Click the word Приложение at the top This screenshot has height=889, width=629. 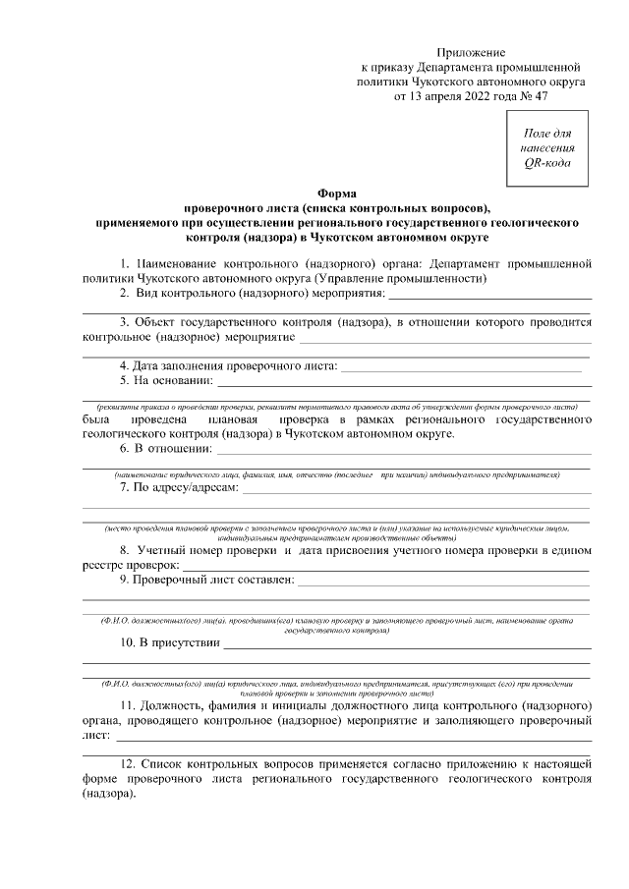point(472,50)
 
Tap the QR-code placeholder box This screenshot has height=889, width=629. point(546,147)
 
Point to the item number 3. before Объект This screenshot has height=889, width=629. point(125,322)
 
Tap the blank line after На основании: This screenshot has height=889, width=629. point(403,383)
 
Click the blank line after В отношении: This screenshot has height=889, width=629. point(403,451)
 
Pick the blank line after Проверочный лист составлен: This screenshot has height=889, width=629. point(442,582)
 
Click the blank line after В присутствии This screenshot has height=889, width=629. point(407,645)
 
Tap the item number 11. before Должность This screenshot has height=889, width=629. point(128,707)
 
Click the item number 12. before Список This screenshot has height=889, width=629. point(129,764)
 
